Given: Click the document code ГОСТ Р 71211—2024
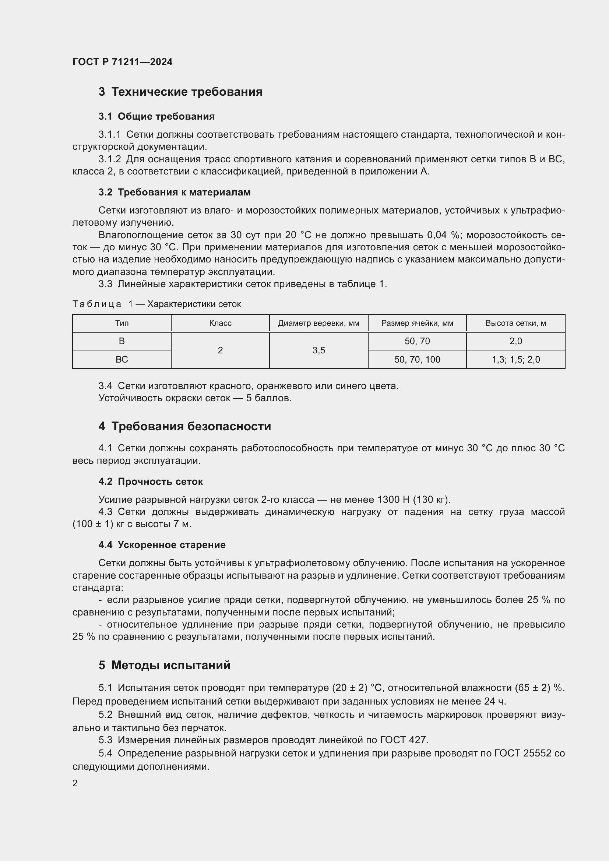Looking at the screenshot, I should click(x=122, y=62).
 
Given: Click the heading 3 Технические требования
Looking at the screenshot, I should click(x=180, y=92).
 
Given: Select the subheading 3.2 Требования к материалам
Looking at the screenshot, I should click(x=175, y=193).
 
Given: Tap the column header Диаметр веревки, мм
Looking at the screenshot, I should click(x=318, y=323).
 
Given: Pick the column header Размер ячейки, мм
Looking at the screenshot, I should click(x=417, y=323).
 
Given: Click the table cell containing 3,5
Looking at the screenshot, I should click(x=318, y=350).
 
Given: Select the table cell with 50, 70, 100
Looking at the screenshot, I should click(x=417, y=360).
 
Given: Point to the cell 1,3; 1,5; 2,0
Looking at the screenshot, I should click(x=515, y=360).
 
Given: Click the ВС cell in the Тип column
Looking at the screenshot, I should click(x=122, y=360).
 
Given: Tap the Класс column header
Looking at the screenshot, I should click(x=220, y=323).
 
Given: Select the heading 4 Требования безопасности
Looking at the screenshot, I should click(x=184, y=426).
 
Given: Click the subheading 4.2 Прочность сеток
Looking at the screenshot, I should click(x=150, y=481).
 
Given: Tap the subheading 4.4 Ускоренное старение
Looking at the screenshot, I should click(x=162, y=545).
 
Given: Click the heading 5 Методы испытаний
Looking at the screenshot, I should click(x=164, y=665).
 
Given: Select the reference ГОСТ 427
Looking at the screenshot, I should click(x=404, y=740).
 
